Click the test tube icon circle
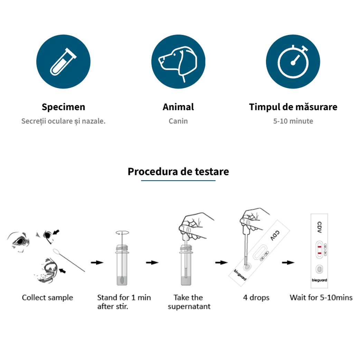point(63,61)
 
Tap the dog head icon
point(178,61)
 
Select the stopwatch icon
point(293,61)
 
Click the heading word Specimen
point(63,107)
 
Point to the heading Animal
point(178,107)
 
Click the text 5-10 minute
point(293,121)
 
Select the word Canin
point(178,121)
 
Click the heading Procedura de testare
point(178,171)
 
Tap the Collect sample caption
point(48,297)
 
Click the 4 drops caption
point(256,297)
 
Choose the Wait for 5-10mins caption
point(321,297)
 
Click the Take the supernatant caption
point(189,302)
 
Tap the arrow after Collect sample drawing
point(97,263)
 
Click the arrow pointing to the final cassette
point(288,263)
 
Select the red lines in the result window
point(319,250)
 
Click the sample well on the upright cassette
point(319,269)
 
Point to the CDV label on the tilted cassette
point(275,236)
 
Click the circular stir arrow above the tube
point(122,233)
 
